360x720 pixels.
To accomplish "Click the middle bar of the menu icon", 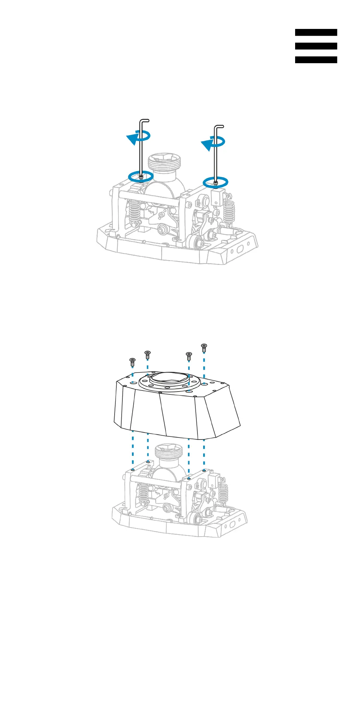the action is (x=316, y=46).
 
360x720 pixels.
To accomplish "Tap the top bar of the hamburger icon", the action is (x=316, y=32).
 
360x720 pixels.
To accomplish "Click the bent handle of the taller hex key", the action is (x=145, y=121).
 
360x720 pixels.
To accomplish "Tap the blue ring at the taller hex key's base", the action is (x=141, y=176).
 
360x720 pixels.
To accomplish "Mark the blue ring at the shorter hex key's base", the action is (x=215, y=182).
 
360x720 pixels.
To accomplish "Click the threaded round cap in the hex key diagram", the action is (x=165, y=162).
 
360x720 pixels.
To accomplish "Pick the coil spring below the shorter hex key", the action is (x=229, y=212).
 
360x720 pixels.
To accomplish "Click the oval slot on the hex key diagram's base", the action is (x=240, y=249).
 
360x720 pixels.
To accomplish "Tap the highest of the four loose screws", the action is (x=204, y=347).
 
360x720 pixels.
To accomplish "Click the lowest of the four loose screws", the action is (x=133, y=362).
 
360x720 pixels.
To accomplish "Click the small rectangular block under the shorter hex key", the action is (x=217, y=197).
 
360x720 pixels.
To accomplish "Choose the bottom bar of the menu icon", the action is (x=316, y=60).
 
